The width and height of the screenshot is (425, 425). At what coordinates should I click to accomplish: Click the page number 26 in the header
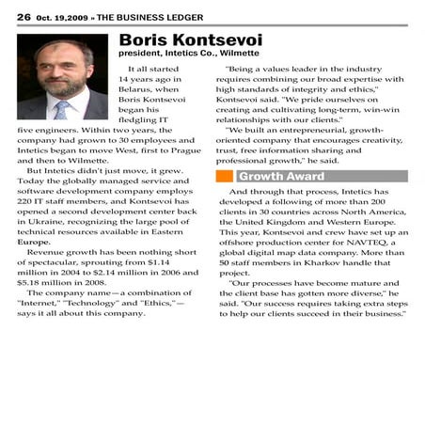(23, 17)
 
